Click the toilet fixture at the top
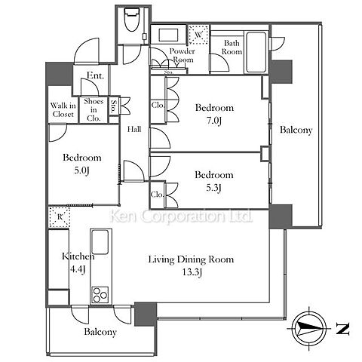(132, 20)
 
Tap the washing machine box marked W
(198, 35)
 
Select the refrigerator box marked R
(60, 216)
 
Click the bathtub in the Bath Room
(256, 52)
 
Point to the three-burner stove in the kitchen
(100, 295)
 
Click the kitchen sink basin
(100, 242)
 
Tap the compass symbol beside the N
(309, 328)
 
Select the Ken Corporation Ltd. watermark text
(181, 216)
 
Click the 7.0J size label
(213, 121)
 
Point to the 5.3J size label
(213, 188)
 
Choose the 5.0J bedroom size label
(81, 170)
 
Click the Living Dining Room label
(191, 259)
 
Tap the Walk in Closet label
(63, 110)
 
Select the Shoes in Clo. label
(94, 110)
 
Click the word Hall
(134, 129)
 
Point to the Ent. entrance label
(95, 75)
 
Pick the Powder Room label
(182, 55)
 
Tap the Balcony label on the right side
(296, 130)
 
